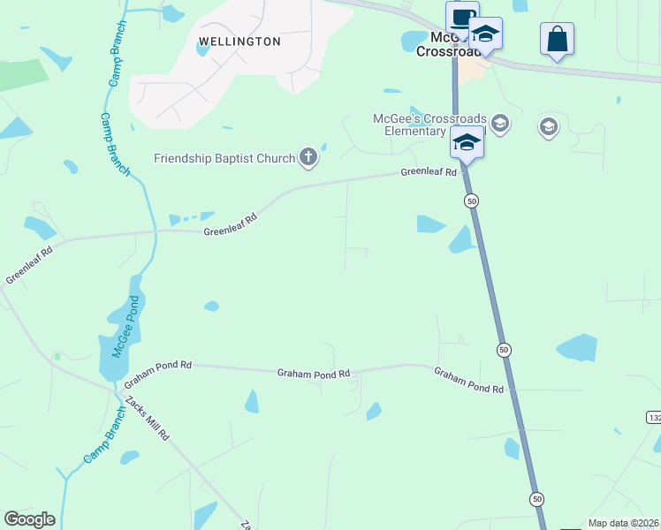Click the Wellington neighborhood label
(x=239, y=42)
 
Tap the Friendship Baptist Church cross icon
(x=308, y=158)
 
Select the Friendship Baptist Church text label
(x=224, y=159)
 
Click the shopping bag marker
(x=557, y=40)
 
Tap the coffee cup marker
(x=461, y=19)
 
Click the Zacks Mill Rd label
(x=147, y=419)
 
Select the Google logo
(x=29, y=519)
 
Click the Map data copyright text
(x=624, y=523)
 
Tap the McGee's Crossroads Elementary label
(x=422, y=125)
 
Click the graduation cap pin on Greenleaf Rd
(x=466, y=141)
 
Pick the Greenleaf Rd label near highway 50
(x=429, y=172)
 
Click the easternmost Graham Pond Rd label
(x=468, y=381)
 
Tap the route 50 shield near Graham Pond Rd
(x=503, y=350)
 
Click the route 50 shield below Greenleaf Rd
(x=472, y=201)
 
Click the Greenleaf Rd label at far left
(x=29, y=265)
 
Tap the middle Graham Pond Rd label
(x=314, y=374)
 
